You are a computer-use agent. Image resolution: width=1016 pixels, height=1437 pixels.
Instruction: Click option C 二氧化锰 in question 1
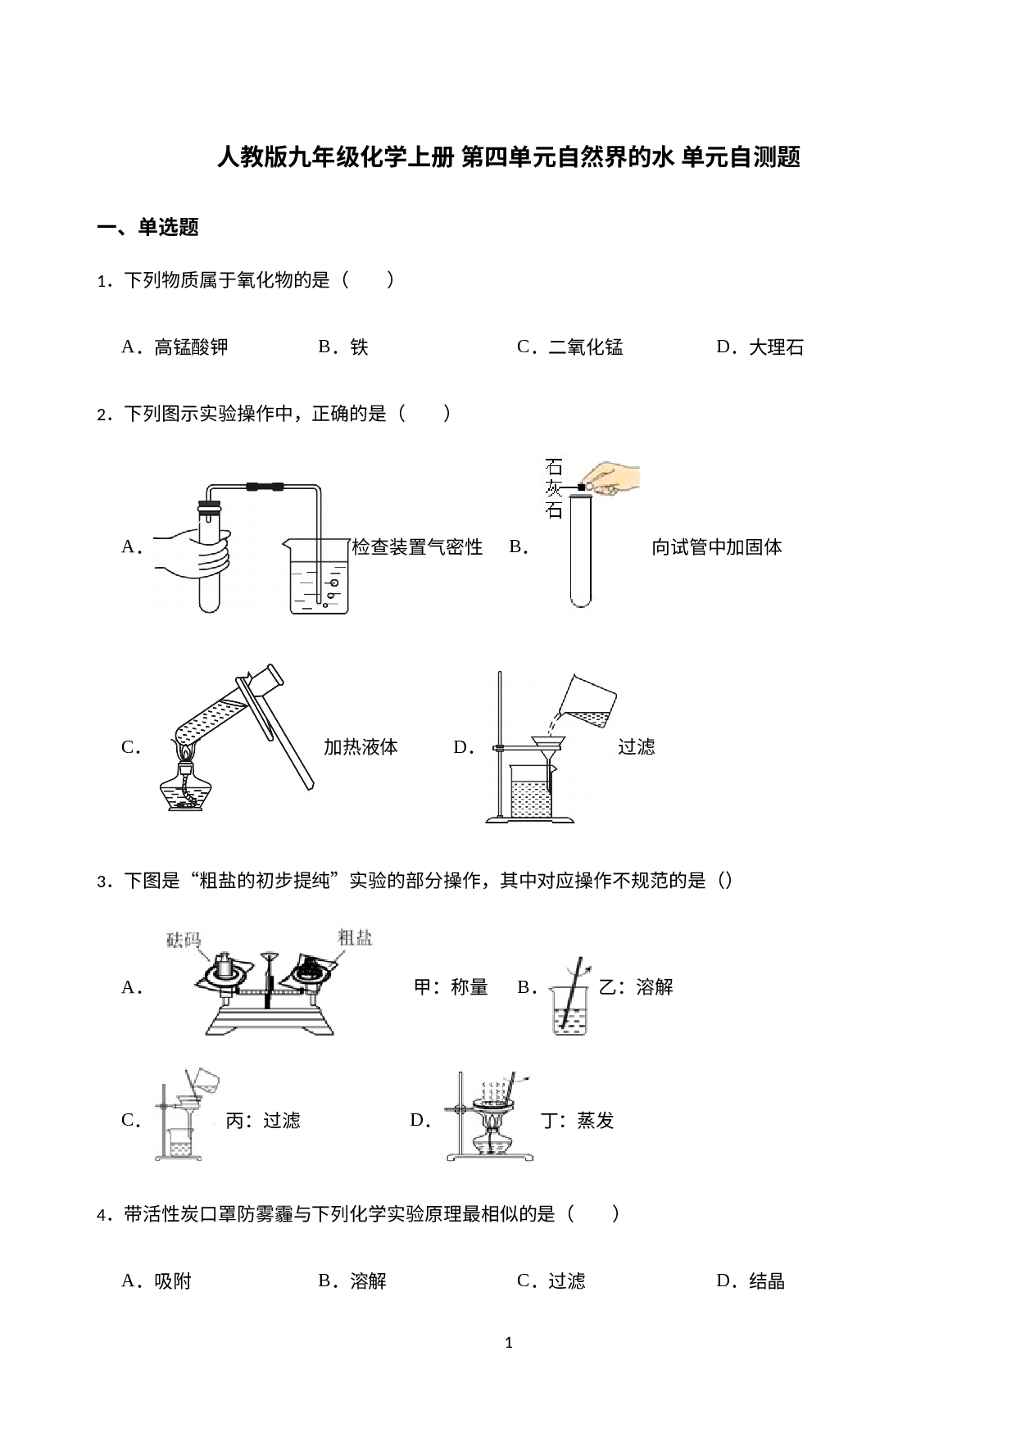[569, 347]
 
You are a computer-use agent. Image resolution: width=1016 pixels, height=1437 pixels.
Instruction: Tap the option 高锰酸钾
[175, 347]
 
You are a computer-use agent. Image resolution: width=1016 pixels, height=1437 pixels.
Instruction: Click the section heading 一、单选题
[148, 227]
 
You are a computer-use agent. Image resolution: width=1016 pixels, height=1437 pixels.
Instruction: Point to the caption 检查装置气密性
[417, 547]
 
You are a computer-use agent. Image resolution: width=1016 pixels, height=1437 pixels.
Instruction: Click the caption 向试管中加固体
[717, 547]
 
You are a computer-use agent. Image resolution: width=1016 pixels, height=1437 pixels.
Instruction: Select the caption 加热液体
[361, 747]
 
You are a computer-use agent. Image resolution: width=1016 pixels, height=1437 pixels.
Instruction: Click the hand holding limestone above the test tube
[610, 479]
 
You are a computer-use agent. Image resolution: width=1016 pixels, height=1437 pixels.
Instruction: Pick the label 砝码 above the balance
[184, 940]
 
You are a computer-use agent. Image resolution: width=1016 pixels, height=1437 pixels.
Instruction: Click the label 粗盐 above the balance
[356, 937]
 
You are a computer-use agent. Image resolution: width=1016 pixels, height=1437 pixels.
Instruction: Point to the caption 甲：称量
[451, 987]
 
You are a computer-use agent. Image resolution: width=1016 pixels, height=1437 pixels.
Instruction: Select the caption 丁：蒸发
[578, 1121]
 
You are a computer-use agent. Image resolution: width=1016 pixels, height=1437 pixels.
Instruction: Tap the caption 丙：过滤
[263, 1121]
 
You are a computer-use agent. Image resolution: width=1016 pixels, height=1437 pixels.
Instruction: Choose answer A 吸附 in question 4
[156, 1281]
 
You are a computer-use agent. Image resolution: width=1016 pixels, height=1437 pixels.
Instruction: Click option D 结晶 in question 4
[751, 1281]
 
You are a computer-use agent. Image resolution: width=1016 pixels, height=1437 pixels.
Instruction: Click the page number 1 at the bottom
[509, 1343]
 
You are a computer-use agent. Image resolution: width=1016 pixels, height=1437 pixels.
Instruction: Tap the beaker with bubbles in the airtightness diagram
[318, 575]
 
